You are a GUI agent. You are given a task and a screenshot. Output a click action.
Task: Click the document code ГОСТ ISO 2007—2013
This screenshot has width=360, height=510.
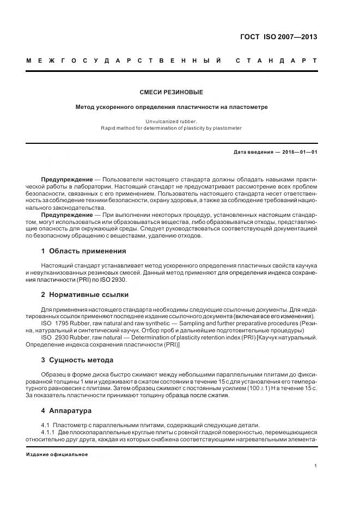[279, 38]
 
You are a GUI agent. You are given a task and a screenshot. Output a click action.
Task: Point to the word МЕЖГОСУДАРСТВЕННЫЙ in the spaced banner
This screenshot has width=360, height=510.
[123, 60]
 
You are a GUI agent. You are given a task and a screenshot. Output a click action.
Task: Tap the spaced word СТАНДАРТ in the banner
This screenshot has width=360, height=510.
[276, 60]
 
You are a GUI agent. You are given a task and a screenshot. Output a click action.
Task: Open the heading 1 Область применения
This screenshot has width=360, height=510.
[83, 251]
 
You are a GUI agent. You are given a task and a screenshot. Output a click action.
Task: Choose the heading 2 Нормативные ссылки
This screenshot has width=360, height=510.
[85, 295]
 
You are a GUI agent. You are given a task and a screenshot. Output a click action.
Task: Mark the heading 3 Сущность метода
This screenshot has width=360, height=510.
[77, 360]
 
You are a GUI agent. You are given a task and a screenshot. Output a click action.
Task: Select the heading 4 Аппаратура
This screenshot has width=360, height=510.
[66, 410]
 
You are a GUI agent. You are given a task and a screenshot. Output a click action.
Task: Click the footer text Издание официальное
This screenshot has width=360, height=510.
[57, 454]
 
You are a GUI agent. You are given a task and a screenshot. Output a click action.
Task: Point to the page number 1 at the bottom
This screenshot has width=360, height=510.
[315, 466]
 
